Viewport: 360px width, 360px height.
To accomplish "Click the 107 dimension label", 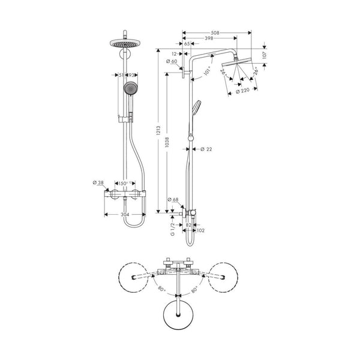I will tap(265, 55).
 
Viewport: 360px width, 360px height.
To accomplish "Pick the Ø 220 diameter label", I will tap(243, 91).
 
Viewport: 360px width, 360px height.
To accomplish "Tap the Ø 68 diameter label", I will tap(174, 199).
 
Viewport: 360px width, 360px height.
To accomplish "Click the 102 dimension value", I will tap(200, 229).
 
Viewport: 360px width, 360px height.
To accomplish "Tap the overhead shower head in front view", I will tap(126, 43).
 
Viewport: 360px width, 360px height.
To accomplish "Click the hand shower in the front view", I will tap(129, 89).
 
